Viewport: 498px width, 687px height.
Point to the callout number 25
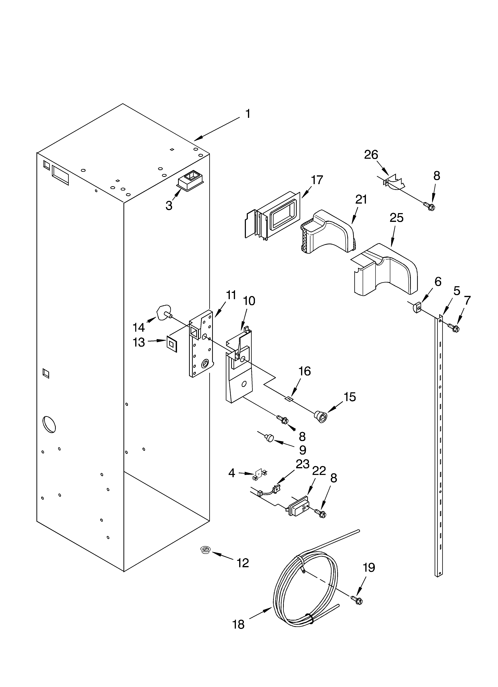pos(396,218)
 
